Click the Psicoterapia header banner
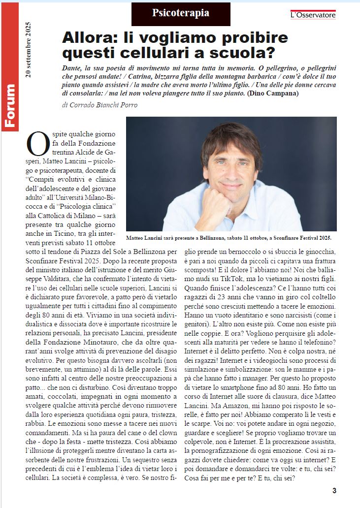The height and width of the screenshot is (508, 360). coord(180,14)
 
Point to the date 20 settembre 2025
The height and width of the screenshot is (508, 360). coord(28,49)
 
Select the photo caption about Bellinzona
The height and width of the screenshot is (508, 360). coord(229,237)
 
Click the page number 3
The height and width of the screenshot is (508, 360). coord(334,490)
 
